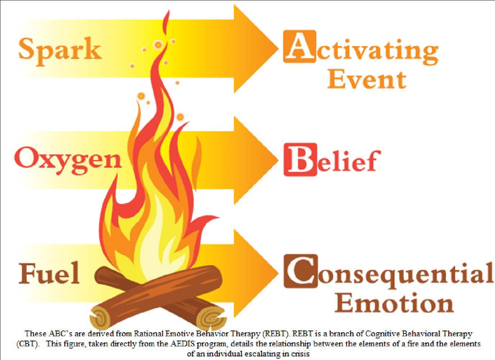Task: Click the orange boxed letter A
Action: (x=300, y=46)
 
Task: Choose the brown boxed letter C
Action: (x=300, y=271)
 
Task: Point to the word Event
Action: (x=367, y=79)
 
